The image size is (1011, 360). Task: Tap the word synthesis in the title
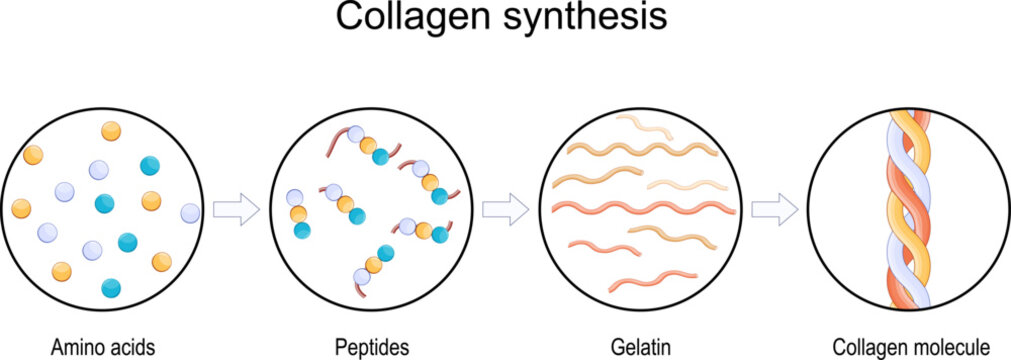(x=581, y=18)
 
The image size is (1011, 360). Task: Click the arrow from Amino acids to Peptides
(x=237, y=210)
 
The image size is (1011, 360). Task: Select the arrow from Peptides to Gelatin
(x=505, y=210)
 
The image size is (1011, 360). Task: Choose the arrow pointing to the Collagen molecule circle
(x=774, y=210)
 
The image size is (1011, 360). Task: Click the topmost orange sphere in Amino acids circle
(x=111, y=131)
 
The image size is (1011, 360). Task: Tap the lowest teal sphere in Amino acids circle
(x=111, y=288)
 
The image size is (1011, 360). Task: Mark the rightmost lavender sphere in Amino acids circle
(x=190, y=213)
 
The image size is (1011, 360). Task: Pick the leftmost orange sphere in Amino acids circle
(x=21, y=209)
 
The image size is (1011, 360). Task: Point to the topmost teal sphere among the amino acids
(x=150, y=166)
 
